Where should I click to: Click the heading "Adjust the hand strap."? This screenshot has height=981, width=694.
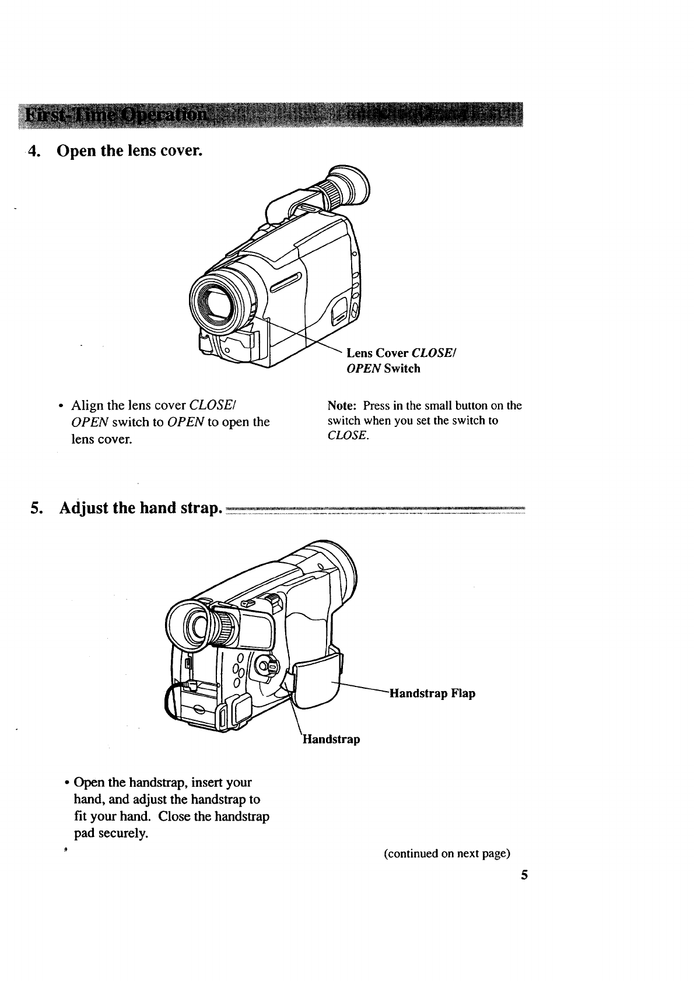pyautogui.click(x=140, y=508)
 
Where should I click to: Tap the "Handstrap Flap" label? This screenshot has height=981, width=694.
pyautogui.click(x=432, y=693)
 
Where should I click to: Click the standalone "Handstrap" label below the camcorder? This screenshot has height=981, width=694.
pyautogui.click(x=331, y=740)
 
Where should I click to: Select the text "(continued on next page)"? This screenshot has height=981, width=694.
pyautogui.click(x=447, y=854)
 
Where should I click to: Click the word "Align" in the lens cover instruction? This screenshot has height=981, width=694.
pyautogui.click(x=86, y=405)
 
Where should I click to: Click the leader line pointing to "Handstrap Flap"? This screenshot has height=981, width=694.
pyautogui.click(x=362, y=687)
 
